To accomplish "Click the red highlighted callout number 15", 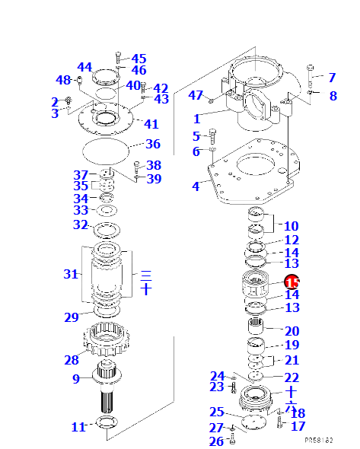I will pos(292,282).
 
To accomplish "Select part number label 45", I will pos(139,59).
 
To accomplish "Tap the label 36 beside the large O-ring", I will pos(153,144).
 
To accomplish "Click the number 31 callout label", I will pos(71,273).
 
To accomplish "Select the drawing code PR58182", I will pos(320,440).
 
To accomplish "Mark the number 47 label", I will pos(196,95).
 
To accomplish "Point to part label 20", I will pos(292,331).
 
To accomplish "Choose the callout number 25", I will pos(216,412).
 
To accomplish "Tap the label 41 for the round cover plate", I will pos(151,124).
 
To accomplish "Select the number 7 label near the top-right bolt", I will pos(331,77).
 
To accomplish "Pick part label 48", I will pos(63,80).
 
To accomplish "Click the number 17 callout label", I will pos(298,427).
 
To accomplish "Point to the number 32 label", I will pos(80,224).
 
